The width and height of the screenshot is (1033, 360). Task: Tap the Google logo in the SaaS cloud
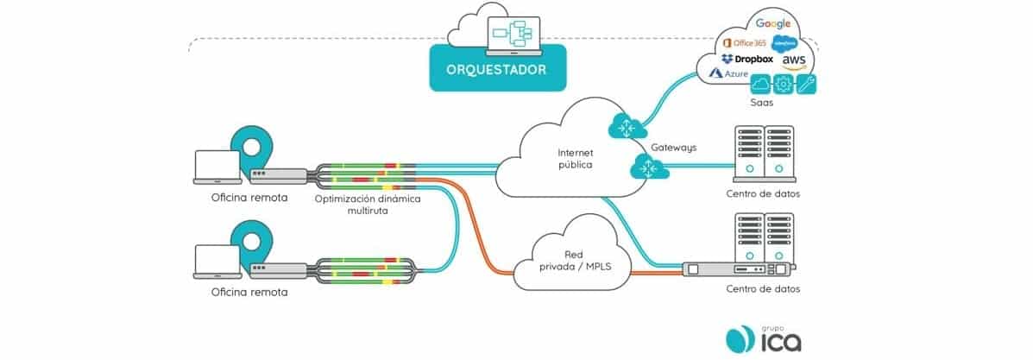pyautogui.click(x=773, y=23)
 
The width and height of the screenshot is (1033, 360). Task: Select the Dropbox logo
pyautogui.click(x=747, y=59)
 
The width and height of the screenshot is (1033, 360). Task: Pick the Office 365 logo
pyautogui.click(x=744, y=42)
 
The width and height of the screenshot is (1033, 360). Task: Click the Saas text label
pyautogui.click(x=761, y=102)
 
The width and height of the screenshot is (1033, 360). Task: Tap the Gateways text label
pyautogui.click(x=673, y=148)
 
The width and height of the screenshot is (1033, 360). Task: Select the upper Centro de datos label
pyautogui.click(x=764, y=193)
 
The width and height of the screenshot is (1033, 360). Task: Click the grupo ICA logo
pyautogui.click(x=763, y=337)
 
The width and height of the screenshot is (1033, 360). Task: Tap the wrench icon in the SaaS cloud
pyautogui.click(x=806, y=85)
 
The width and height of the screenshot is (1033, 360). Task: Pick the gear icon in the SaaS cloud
pyautogui.click(x=784, y=85)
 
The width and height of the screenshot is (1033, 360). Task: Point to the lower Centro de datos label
pyautogui.click(x=764, y=288)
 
